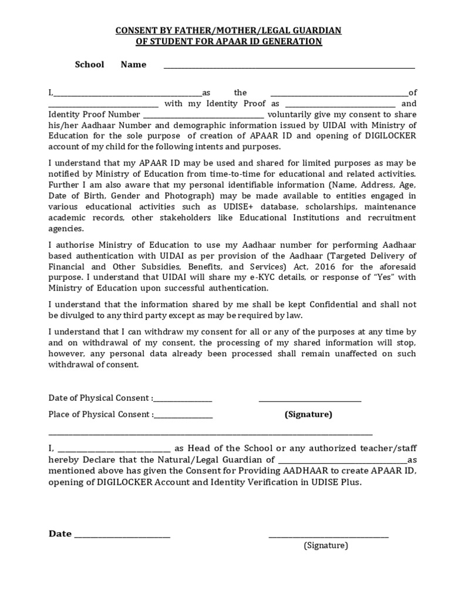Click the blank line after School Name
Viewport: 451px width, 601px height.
(288, 67)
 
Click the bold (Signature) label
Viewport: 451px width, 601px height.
(308, 414)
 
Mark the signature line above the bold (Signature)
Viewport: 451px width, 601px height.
(310, 401)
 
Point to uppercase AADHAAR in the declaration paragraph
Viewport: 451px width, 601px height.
(306, 471)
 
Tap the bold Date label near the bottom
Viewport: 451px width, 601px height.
(60, 534)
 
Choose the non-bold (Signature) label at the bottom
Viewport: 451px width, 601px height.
(326, 545)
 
